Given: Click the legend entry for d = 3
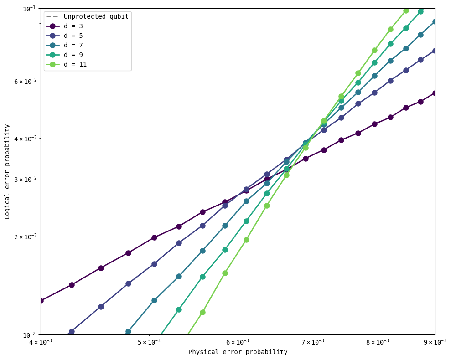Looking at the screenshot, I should click(73, 26).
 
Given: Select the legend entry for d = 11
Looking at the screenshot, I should click(75, 64).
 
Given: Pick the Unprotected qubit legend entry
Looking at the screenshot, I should click(96, 16).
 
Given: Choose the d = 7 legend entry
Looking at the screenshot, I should click(73, 45).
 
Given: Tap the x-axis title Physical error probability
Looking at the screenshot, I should click(238, 352).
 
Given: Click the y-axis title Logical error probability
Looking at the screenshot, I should click(7, 171).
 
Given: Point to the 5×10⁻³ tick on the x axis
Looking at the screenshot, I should click(149, 342).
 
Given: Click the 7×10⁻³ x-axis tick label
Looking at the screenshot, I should click(312, 342).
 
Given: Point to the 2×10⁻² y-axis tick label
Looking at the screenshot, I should click(23, 237).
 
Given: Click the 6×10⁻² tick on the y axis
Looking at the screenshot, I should click(23, 81).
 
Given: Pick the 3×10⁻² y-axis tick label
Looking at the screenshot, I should click(23, 179).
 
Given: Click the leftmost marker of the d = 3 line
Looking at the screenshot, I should click(41, 301).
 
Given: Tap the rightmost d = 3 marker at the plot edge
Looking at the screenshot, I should click(435, 93).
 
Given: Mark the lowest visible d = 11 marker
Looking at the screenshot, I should click(202, 312).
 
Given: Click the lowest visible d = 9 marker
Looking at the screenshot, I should click(179, 309).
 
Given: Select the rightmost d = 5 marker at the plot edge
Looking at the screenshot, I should click(435, 51).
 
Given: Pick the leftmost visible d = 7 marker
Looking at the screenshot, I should click(128, 331).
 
